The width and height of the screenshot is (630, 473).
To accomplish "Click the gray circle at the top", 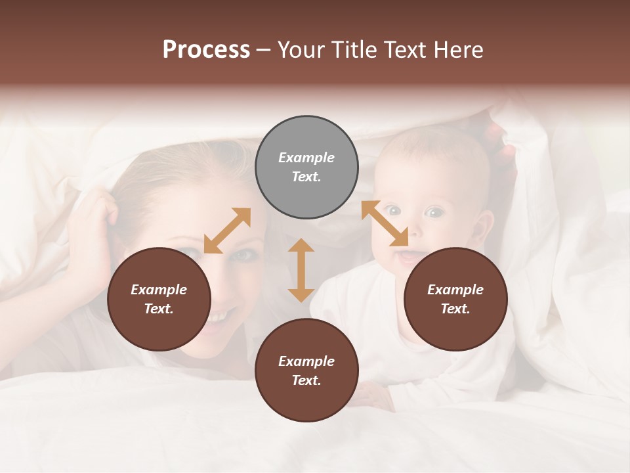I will (x=306, y=168).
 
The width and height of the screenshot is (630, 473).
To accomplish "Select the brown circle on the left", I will (x=159, y=299).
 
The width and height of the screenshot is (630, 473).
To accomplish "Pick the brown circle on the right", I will (x=455, y=299).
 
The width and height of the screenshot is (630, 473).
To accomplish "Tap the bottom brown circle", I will (x=306, y=371).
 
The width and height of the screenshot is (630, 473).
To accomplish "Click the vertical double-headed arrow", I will (x=301, y=270).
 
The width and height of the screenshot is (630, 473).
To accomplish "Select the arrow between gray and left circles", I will (x=227, y=231).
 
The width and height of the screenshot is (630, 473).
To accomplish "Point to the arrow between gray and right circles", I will (x=385, y=223).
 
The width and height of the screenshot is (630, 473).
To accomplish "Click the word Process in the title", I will (x=206, y=49).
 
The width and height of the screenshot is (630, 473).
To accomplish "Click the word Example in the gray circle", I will (x=306, y=158).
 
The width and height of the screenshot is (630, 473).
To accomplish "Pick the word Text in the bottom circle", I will (x=305, y=380).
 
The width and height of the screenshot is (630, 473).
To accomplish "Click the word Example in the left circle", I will (x=159, y=290).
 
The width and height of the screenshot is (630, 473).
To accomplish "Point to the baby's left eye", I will (x=434, y=212).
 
